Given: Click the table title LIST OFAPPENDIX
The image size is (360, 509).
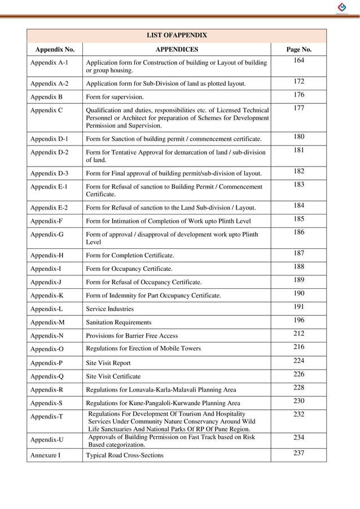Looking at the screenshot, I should coord(177,35).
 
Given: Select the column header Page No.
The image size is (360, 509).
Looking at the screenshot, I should coord(298,50).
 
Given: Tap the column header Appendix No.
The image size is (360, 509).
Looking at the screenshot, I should coord(55,50).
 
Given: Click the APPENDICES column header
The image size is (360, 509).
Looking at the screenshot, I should coord(177,50).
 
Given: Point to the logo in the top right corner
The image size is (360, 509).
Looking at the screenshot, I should coord(343,7).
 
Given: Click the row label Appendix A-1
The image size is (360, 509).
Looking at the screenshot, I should coord(49,63).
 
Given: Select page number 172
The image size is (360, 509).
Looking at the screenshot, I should coord(298,82).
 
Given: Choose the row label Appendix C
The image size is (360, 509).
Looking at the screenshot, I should coord(46,110).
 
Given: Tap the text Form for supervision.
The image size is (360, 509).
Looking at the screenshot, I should coord(116,96).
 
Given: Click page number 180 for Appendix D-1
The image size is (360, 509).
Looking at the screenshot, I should coord(298,137).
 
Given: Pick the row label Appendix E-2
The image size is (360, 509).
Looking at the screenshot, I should coord(49,208).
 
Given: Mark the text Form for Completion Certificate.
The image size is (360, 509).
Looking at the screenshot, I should coord(130,256).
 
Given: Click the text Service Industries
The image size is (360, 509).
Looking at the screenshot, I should coord(109,309).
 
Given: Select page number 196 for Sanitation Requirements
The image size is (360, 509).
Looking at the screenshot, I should coord(298,321).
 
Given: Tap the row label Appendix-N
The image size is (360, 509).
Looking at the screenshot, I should coord(47,336).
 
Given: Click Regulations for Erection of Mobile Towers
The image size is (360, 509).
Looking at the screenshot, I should coord(143,349).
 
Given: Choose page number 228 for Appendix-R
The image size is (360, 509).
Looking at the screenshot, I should coord(298,387).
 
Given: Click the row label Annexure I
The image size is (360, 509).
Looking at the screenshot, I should coord(45,455).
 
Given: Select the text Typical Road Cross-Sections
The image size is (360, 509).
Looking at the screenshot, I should coord(124,455).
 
